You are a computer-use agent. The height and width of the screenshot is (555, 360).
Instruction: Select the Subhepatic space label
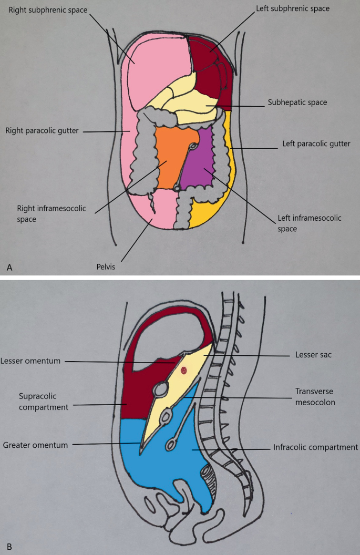(297, 102)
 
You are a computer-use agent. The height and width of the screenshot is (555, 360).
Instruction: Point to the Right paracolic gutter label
(42, 130)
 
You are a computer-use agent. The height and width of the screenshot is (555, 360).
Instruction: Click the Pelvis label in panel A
(105, 266)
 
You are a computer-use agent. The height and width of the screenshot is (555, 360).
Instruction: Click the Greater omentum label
(36, 445)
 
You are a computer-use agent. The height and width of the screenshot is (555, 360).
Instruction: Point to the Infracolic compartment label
(315, 448)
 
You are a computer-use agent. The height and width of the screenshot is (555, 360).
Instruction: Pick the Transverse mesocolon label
(315, 396)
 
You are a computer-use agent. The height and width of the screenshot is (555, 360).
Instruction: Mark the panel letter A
(9, 268)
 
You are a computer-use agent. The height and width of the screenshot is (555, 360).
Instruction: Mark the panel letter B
(9, 547)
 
